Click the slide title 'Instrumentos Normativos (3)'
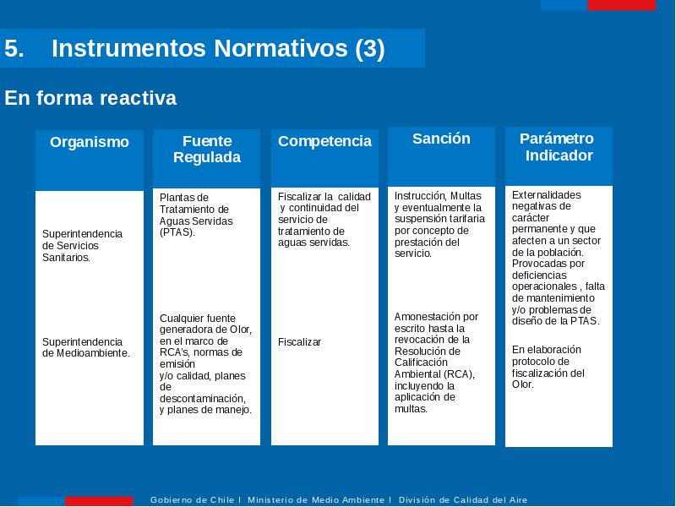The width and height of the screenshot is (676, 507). point(218,48)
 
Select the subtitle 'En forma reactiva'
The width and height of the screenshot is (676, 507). point(90,98)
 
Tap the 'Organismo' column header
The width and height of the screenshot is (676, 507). point(90,142)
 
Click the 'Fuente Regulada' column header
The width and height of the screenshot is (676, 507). point(207,150)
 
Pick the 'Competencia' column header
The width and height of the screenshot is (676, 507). point(324,141)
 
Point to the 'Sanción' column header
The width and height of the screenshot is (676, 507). point(441,139)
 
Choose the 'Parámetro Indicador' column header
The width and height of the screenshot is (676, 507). point(559,147)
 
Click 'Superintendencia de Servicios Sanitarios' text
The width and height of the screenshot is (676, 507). point(82,246)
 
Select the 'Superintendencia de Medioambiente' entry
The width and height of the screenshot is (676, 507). point(86,347)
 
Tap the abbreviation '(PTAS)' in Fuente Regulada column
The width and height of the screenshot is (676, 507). point(177,232)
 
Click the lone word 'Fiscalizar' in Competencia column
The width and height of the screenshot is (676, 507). point(300,342)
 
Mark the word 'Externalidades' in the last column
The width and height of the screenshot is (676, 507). point(546,195)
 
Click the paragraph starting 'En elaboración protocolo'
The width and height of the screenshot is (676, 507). point(548,367)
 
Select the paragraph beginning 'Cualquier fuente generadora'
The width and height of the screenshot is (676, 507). point(205,364)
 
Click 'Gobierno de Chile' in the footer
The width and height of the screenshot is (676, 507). point(192,500)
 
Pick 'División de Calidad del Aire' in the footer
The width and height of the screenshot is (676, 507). point(463,500)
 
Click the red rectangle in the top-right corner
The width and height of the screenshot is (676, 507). point(621,5)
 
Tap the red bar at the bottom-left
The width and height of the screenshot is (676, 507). point(99,501)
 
